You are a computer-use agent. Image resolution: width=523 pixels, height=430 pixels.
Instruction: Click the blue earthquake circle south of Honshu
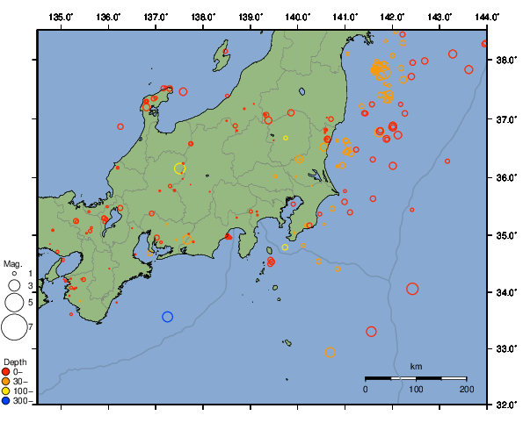168,317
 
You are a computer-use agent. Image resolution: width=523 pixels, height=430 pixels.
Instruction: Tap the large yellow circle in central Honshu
179,168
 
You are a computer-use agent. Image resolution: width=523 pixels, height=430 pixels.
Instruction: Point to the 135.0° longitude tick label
61,17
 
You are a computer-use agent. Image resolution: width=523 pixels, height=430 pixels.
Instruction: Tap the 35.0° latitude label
505,235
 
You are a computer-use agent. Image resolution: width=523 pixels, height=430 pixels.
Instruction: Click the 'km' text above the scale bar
416,366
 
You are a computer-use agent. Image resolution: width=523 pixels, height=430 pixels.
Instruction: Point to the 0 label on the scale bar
366,388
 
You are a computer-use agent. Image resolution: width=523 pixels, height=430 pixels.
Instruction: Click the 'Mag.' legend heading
12,263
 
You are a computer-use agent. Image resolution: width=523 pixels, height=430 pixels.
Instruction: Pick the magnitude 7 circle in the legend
14,327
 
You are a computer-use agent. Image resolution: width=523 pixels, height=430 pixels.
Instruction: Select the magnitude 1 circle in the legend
14,274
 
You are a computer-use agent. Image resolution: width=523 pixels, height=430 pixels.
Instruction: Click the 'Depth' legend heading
15,362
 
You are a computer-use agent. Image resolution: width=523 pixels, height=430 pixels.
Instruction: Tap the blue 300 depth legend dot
8,401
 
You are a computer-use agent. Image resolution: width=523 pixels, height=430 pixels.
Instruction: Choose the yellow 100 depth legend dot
8,391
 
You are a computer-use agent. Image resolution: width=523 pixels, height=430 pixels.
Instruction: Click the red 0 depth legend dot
8,372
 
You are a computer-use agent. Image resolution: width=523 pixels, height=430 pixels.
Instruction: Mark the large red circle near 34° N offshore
412,289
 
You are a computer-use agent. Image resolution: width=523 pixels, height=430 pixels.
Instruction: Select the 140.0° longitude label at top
297,17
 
